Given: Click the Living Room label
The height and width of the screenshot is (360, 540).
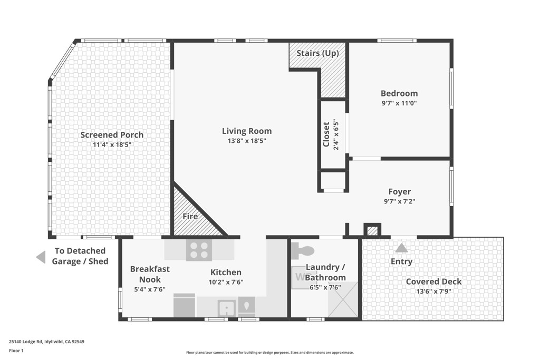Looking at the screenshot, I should [x=247, y=131].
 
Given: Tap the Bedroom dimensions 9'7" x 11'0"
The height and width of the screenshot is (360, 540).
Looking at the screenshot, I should [x=399, y=103].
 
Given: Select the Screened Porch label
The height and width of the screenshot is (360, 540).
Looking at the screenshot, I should [x=112, y=135].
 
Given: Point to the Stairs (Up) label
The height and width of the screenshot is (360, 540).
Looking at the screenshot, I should [x=317, y=53].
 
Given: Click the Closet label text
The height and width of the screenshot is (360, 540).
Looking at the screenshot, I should [x=327, y=134].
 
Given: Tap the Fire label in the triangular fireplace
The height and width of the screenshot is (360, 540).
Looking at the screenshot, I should [x=190, y=217].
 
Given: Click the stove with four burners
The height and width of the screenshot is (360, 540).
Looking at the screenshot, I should [x=199, y=249].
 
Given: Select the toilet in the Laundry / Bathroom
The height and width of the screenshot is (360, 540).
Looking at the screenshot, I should [x=303, y=249].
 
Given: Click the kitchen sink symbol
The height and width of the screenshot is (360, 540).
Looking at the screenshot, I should [x=227, y=307].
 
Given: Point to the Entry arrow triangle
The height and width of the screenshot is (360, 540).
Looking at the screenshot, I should [x=402, y=248].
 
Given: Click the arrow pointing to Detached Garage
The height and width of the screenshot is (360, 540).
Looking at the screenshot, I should [x=41, y=257].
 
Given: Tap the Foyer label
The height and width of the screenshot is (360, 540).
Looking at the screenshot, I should [x=399, y=192].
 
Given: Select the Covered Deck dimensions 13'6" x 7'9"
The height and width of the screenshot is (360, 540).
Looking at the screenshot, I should [x=433, y=291].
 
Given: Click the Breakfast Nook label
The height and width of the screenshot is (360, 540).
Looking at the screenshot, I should [x=150, y=274].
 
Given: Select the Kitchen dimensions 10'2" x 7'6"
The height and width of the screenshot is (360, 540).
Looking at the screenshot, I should [x=226, y=282].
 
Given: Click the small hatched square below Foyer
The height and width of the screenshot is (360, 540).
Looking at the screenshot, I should [x=372, y=230].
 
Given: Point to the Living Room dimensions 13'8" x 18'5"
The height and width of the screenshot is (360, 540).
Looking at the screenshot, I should [x=247, y=141].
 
